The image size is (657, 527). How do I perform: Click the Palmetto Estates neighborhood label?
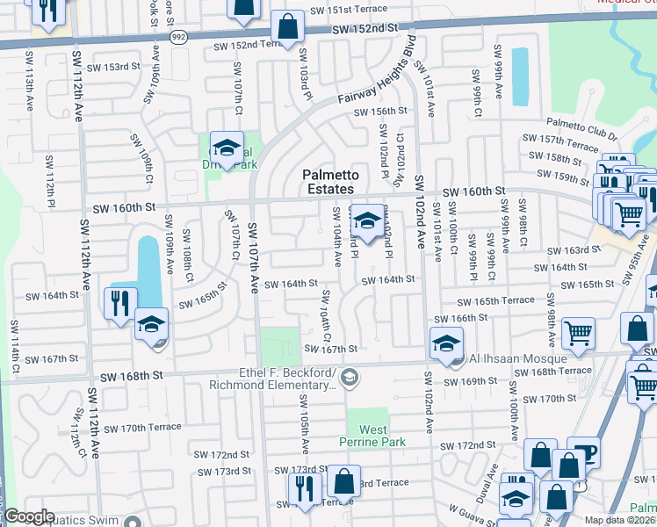[x=328, y=182]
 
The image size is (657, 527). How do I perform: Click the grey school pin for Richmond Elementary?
[x=350, y=378]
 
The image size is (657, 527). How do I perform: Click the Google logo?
[x=29, y=516]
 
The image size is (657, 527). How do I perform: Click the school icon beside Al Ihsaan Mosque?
[x=446, y=343]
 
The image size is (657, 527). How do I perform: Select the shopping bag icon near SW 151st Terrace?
[x=286, y=28]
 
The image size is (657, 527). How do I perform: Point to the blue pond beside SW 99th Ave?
[x=520, y=74]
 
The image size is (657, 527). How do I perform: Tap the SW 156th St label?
[x=380, y=112]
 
